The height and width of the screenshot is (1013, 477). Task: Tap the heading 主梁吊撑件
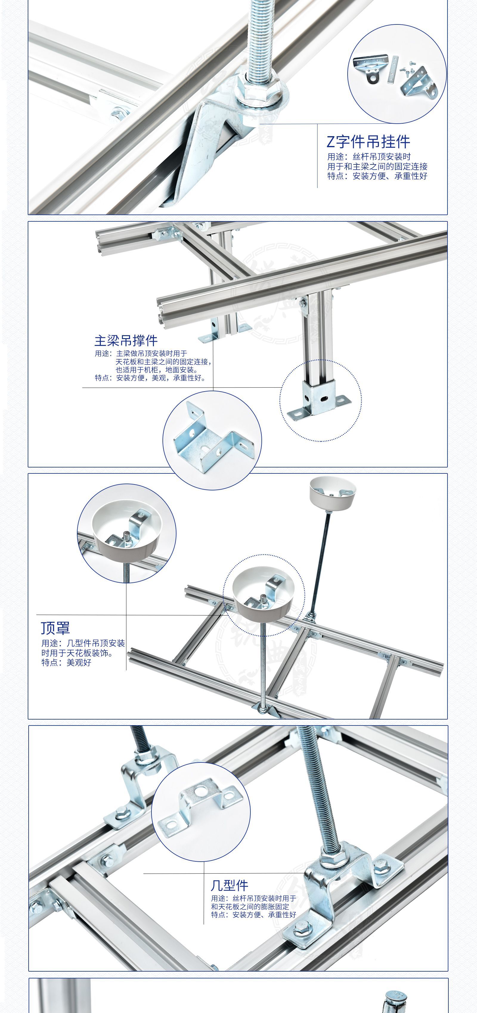pyautogui.click(x=126, y=340)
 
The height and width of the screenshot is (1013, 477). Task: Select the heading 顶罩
pyautogui.click(x=55, y=628)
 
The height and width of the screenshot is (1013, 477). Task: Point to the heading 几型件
pyautogui.click(x=230, y=885)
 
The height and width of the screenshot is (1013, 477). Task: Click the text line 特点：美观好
pyautogui.click(x=66, y=663)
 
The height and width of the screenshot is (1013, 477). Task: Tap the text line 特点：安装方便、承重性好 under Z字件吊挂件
pyautogui.click(x=377, y=176)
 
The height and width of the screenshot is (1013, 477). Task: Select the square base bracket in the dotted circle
pyautogui.click(x=318, y=400)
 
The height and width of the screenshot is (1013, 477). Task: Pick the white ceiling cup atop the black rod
pyautogui.click(x=332, y=492)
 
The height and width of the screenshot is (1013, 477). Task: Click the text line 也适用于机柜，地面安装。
pyautogui.click(x=157, y=370)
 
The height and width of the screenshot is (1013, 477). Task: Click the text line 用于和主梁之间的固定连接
pyautogui.click(x=377, y=166)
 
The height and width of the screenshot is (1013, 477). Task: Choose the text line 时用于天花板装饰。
pyautogui.click(x=78, y=653)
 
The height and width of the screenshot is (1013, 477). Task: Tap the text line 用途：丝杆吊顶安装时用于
pyautogui.click(x=253, y=898)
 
